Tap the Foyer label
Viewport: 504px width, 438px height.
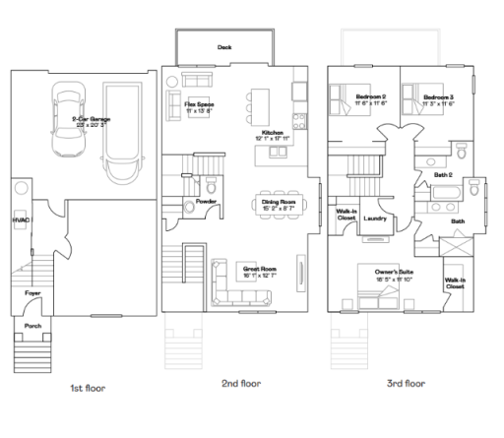tap(31, 293)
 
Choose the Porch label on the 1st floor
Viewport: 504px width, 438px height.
tap(32, 326)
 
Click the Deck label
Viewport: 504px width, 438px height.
tap(224, 46)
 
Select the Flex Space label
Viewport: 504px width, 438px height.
tap(199, 103)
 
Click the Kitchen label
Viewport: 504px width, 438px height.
tap(273, 132)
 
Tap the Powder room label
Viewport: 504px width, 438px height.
tap(206, 201)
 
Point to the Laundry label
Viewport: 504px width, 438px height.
tap(374, 218)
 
